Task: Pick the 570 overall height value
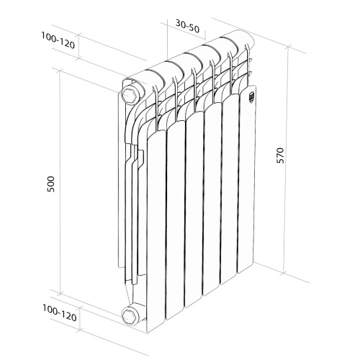(282, 156)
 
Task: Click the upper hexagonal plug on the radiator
(131, 94)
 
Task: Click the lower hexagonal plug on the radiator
(131, 315)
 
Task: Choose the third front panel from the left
(195, 209)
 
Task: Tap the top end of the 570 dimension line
(288, 45)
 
